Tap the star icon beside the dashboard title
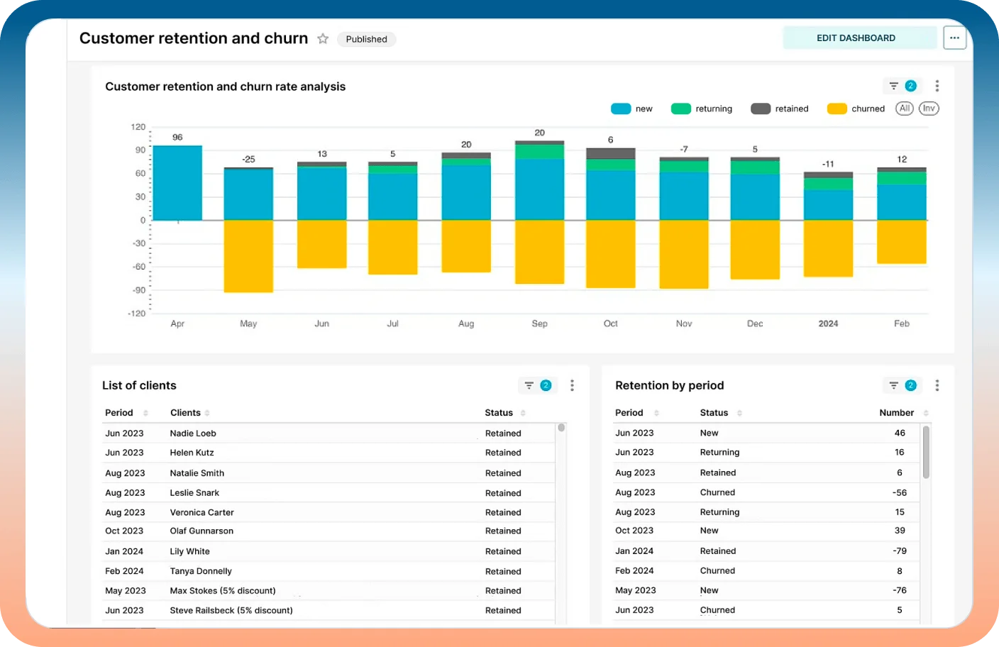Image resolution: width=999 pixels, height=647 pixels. point(323,39)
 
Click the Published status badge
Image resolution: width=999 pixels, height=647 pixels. point(366,40)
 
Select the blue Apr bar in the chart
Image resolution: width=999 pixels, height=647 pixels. point(177,183)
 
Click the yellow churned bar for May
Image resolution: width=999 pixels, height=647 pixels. point(248,256)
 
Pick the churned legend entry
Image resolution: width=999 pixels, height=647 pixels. point(856,109)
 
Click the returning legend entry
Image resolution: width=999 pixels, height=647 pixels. point(702,109)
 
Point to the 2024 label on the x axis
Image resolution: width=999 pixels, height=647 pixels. point(828,323)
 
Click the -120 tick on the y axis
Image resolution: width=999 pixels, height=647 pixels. point(136,314)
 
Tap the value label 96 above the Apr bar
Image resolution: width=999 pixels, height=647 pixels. point(177,138)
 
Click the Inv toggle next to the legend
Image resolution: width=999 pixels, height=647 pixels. point(929,109)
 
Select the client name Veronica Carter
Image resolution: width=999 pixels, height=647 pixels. point(202,512)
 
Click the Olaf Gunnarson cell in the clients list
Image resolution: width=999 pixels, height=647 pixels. point(202,531)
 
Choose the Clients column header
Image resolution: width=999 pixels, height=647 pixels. point(185,413)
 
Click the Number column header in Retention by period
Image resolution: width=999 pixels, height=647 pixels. point(896,413)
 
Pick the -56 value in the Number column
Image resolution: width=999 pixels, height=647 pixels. point(899,492)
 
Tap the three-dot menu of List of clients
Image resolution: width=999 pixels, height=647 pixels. point(572,385)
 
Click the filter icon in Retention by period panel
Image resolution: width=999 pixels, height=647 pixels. point(893,385)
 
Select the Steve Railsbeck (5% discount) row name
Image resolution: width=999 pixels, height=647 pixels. point(231,610)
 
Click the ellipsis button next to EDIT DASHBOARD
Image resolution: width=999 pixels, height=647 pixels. point(954,38)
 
